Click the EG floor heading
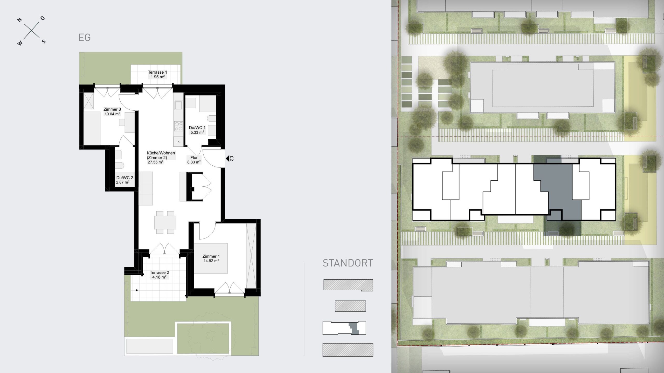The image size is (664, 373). [85, 38]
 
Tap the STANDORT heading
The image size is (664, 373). [348, 263]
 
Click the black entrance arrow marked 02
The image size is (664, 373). [228, 158]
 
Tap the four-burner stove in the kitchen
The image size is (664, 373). [179, 126]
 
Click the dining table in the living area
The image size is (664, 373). [165, 222]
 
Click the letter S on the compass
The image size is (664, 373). [44, 41]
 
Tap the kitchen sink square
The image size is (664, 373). [178, 105]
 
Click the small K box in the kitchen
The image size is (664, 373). [178, 142]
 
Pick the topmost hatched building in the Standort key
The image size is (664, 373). [348, 285]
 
